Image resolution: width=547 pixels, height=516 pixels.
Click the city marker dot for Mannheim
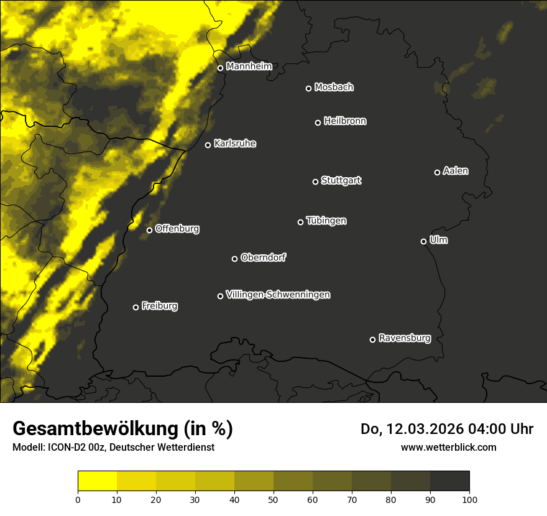[x=220, y=68]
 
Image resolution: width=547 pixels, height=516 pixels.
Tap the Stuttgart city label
[x=341, y=180]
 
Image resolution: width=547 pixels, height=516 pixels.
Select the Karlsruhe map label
[x=234, y=144]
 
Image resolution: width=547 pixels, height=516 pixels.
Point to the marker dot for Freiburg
[x=136, y=307]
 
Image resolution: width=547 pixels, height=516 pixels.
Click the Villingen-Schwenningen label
[x=278, y=295]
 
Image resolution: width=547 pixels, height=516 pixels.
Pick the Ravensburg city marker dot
[x=372, y=339]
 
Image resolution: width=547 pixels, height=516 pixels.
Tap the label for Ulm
[x=438, y=240]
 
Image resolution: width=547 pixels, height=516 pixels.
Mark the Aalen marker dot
[x=437, y=172]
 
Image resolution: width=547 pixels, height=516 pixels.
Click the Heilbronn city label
[x=345, y=121]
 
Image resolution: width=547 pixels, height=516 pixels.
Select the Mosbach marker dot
[x=308, y=88]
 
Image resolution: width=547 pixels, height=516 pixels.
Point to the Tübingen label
[x=326, y=221]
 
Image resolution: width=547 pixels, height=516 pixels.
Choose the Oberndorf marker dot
[x=234, y=259]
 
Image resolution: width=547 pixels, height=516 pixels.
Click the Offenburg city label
[x=177, y=229]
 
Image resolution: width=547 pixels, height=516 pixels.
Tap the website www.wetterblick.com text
[x=448, y=447]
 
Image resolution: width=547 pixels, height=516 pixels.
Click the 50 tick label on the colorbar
[x=273, y=499]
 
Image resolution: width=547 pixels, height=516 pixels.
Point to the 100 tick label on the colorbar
[x=469, y=499]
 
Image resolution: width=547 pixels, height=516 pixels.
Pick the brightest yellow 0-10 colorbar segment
[x=98, y=481]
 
